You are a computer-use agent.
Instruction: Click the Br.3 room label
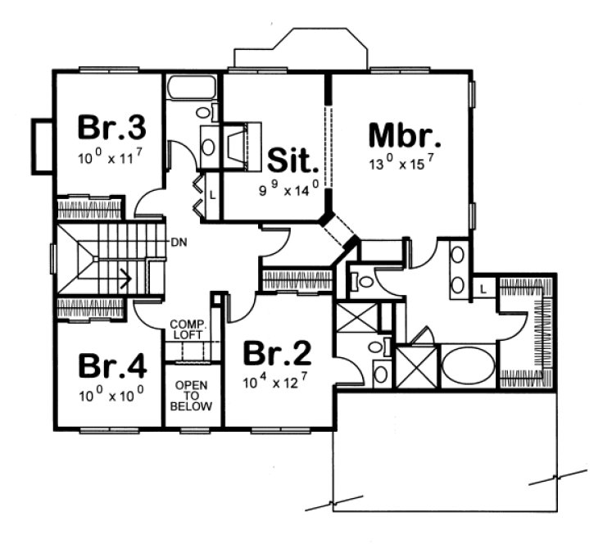[112, 128]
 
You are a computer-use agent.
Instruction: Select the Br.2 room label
[279, 354]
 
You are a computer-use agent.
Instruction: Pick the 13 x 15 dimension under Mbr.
[401, 164]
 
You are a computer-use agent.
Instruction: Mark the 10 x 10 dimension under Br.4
[111, 395]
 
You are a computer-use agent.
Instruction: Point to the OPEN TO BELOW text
[193, 395]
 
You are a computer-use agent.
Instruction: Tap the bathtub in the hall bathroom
[190, 87]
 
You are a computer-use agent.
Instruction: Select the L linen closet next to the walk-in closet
[483, 289]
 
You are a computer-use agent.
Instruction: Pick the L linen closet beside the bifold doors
[211, 196]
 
